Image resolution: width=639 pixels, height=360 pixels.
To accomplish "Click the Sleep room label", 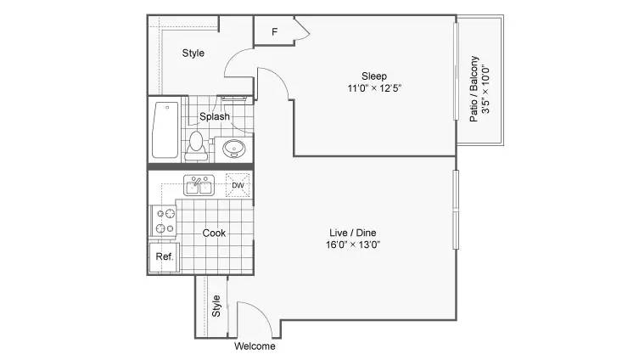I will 374,76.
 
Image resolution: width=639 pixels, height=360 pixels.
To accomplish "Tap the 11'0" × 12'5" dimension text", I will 374,88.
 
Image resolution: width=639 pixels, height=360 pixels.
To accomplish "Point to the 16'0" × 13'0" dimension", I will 354,245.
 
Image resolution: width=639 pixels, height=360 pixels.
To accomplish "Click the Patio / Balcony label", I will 474,89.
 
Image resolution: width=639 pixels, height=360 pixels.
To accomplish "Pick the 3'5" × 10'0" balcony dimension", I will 487,89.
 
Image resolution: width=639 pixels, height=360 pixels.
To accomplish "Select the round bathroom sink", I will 235,149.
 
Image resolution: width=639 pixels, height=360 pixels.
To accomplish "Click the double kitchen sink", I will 199,185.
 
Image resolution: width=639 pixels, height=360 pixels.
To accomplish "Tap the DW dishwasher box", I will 238,185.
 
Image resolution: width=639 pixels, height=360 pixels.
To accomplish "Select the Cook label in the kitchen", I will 214,233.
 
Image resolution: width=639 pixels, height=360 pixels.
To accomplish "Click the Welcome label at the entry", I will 255,346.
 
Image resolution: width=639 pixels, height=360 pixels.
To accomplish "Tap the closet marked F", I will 274,32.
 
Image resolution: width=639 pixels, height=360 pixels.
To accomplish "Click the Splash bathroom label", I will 215,116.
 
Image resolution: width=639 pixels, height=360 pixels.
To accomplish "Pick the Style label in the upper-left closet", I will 193,53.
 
